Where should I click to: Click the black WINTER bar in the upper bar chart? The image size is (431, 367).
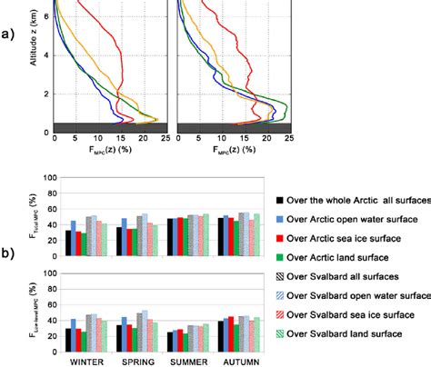(x=67, y=243)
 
